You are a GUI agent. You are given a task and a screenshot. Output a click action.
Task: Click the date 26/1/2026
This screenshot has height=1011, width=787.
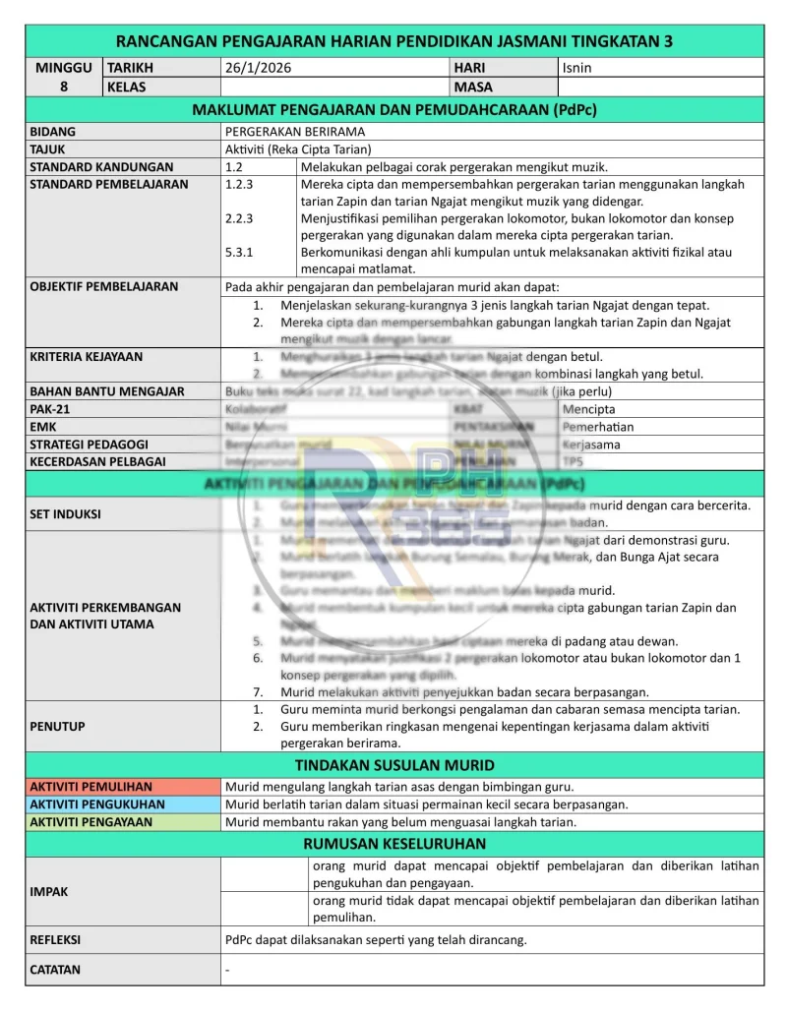pyautogui.click(x=258, y=68)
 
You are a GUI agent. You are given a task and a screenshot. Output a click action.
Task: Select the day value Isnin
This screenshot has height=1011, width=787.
pyautogui.click(x=576, y=68)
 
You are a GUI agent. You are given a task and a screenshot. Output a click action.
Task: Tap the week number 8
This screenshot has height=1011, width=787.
pyautogui.click(x=63, y=87)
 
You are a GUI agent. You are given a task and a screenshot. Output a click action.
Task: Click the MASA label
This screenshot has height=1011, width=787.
pyautogui.click(x=473, y=87)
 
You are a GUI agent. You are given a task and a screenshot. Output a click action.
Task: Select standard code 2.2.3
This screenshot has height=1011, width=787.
pyautogui.click(x=239, y=218)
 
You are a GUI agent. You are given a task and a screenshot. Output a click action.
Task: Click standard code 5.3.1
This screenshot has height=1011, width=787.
pyautogui.click(x=239, y=252)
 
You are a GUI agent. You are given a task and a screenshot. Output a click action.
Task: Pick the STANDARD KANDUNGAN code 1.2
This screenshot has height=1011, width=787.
pyautogui.click(x=234, y=166)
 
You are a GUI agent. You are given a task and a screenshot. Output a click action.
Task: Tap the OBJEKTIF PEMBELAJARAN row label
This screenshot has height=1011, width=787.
pyautogui.click(x=104, y=286)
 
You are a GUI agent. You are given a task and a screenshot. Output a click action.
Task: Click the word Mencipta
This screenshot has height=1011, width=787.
pyautogui.click(x=588, y=408)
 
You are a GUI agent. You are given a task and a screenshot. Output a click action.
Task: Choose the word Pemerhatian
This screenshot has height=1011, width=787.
pyautogui.click(x=598, y=426)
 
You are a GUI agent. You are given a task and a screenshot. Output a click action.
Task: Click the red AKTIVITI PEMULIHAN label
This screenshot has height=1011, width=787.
pyautogui.click(x=91, y=786)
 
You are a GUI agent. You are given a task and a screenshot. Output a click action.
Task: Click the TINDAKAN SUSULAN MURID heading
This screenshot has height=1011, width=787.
pyautogui.click(x=394, y=764)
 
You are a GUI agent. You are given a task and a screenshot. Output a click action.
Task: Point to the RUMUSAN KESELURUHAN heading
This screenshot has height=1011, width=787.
pyautogui.click(x=394, y=843)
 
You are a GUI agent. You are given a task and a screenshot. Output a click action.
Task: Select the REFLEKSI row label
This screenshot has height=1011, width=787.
pyautogui.click(x=55, y=938)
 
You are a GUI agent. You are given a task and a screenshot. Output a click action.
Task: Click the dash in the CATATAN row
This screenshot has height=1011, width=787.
pyautogui.click(x=227, y=969)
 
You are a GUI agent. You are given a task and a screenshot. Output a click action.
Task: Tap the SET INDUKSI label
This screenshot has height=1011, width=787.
pyautogui.click(x=65, y=513)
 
